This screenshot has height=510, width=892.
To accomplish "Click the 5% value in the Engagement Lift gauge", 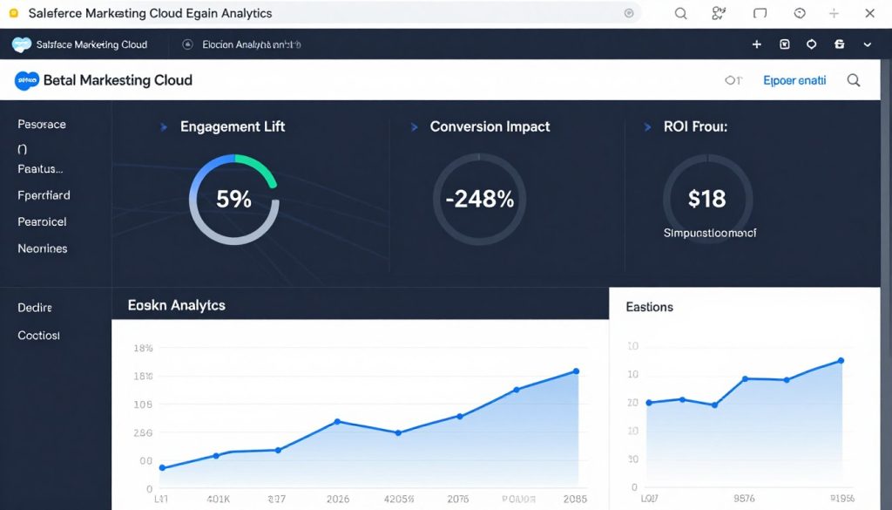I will (x=233, y=199).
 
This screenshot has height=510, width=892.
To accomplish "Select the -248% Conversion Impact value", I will (x=479, y=199).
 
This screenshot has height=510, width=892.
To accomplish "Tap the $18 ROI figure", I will (x=706, y=199).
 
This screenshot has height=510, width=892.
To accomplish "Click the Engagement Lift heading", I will (x=232, y=126).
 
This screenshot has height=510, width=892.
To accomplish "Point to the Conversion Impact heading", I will (x=490, y=126).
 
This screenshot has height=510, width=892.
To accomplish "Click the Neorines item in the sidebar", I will (x=42, y=248).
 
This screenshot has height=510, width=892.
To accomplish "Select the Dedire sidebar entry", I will (x=35, y=308).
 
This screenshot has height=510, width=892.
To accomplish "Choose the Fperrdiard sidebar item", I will (x=44, y=195).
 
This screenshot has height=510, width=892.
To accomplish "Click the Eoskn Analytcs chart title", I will (x=176, y=305).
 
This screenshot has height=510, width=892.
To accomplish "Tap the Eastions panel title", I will (x=649, y=307).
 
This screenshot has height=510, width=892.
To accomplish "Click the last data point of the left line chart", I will (x=576, y=371).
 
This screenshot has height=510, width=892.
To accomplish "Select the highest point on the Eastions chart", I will (x=841, y=360).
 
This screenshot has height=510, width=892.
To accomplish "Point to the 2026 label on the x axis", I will (x=337, y=500).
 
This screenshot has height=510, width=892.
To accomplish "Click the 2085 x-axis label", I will (x=574, y=500).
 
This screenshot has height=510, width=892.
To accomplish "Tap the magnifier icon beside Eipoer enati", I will (x=854, y=80).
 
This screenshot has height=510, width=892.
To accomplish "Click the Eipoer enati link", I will (x=794, y=80).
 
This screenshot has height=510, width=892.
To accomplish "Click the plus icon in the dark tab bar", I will (x=756, y=44).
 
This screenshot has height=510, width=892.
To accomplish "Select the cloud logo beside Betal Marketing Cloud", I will (x=27, y=80).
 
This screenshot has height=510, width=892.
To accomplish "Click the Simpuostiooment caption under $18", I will (x=710, y=233).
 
